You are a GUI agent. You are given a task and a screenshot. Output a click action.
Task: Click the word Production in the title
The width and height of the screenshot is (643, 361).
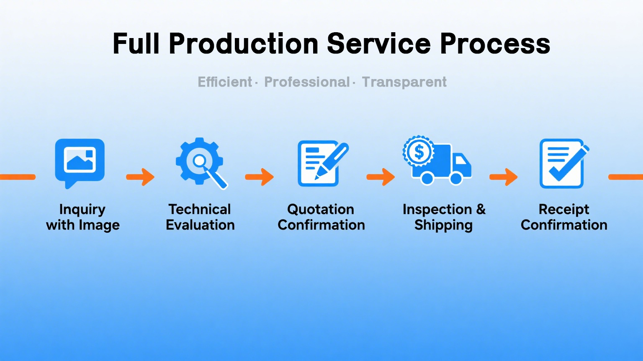[243, 44]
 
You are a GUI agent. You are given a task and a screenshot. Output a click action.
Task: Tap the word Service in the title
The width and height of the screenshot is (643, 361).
[379, 44]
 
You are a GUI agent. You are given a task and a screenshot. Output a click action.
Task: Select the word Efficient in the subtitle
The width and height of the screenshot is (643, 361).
[225, 82]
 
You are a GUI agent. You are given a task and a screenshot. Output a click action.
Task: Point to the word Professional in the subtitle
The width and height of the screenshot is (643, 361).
[307, 82]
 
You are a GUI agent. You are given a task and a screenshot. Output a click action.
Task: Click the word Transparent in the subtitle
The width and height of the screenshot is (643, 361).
[404, 82]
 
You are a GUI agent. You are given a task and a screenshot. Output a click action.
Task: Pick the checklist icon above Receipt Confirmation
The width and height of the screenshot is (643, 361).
[564, 164]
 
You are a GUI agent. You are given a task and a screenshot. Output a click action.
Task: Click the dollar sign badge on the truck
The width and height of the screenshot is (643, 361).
[419, 151]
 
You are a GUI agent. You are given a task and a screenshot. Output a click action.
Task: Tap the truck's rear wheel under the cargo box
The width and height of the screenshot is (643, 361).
[427, 178]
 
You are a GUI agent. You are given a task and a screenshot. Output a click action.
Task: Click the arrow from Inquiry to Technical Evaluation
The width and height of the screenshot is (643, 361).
[140, 177]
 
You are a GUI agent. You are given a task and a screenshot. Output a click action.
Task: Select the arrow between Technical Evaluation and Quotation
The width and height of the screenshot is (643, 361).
[260, 177]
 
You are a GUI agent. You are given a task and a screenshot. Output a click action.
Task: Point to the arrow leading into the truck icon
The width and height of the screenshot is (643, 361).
[381, 177]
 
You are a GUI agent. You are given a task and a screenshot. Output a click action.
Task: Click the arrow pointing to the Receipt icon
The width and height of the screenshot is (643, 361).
[504, 177]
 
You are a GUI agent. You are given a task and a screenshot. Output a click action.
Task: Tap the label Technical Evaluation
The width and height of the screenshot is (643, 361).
[200, 217]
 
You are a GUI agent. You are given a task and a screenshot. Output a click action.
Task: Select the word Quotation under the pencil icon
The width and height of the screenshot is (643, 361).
[321, 209]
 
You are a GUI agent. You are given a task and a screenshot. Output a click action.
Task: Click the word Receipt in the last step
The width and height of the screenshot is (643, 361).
[564, 210]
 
